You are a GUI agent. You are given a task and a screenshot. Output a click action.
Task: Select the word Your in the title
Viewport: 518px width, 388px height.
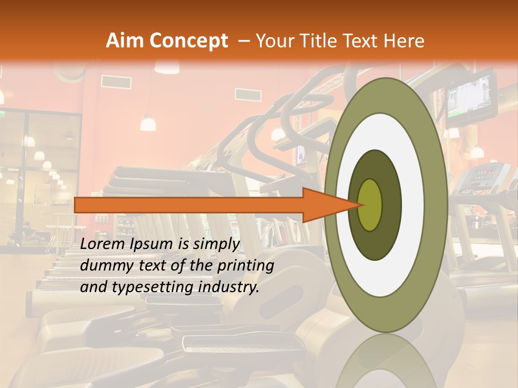tap(274, 41)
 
